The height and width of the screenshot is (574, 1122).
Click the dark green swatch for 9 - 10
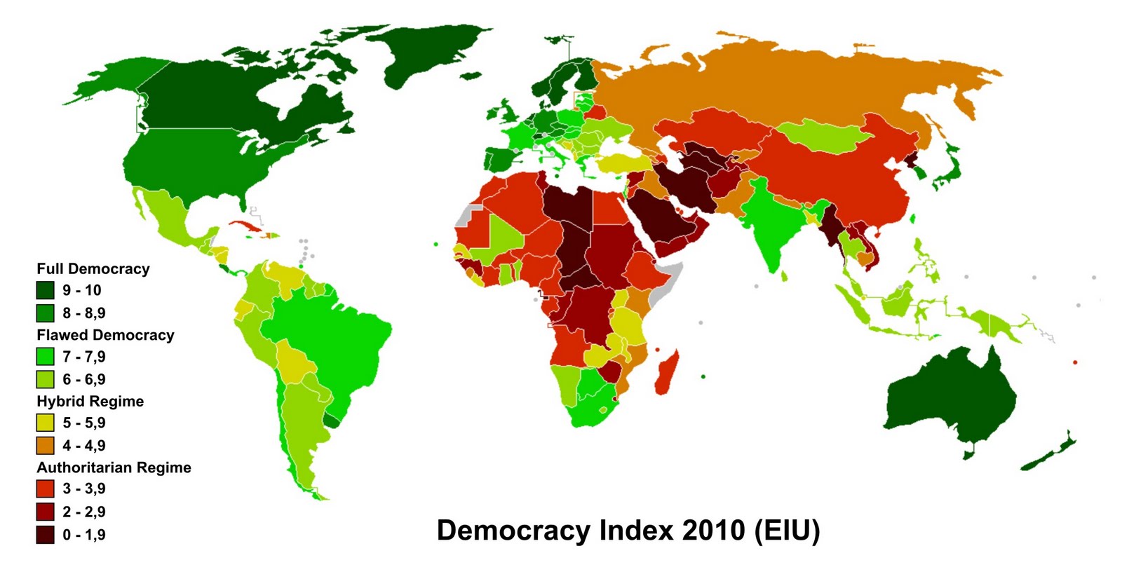pos(46,290)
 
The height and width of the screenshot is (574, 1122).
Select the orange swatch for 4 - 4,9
pos(46,446)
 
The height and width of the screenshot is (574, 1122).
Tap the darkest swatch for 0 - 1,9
pos(46,535)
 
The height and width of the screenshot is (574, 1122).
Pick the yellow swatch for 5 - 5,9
pos(46,423)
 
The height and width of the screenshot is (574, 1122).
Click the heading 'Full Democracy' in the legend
pos(93,269)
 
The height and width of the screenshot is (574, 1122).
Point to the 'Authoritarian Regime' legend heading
pos(114,467)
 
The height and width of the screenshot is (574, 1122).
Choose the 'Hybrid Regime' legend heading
pos(90,402)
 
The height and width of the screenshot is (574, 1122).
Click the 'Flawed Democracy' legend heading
pos(105,335)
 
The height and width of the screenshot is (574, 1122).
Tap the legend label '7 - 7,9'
pos(84,357)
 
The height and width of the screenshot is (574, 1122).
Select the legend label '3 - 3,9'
pos(84,489)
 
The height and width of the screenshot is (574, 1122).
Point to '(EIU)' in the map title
pos(787,531)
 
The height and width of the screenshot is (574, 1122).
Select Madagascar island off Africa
pos(667,373)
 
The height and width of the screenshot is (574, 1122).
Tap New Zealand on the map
pos(1052,452)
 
